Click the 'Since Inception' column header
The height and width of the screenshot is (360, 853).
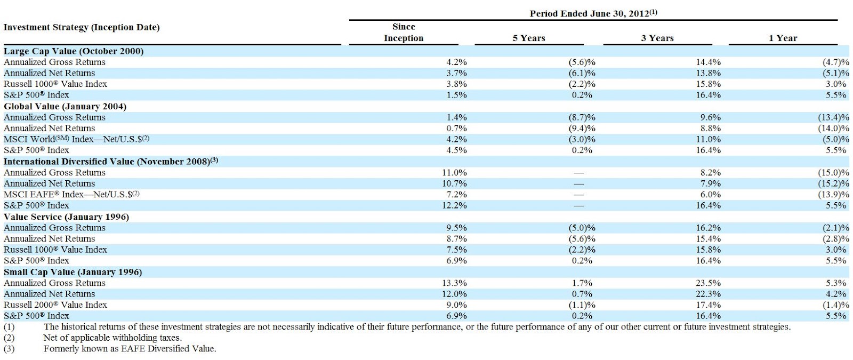[404, 33]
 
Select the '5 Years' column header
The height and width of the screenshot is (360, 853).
[529, 38]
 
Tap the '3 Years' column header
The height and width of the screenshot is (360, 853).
[657, 38]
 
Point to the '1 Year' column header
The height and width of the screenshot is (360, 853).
[783, 38]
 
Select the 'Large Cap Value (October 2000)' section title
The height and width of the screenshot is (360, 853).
[74, 51]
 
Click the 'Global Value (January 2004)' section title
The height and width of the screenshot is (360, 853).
[65, 106]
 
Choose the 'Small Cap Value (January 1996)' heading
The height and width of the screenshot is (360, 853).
[73, 272]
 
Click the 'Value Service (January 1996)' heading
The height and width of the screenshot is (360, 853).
[66, 217]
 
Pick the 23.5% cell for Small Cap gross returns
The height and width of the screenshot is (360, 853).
[709, 283]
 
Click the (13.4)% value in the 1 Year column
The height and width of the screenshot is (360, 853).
[833, 117]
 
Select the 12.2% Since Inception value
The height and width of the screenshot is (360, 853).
[454, 206]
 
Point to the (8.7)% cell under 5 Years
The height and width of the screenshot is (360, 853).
[582, 117]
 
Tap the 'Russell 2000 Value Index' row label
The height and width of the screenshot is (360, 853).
[55, 305]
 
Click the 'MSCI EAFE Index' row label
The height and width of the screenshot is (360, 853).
[71, 195]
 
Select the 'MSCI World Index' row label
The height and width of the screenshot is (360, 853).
[76, 139]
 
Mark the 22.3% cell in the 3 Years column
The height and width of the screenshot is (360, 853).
[709, 294]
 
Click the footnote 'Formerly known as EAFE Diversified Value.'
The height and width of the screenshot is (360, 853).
[130, 349]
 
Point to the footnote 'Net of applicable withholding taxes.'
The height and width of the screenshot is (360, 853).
[112, 338]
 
